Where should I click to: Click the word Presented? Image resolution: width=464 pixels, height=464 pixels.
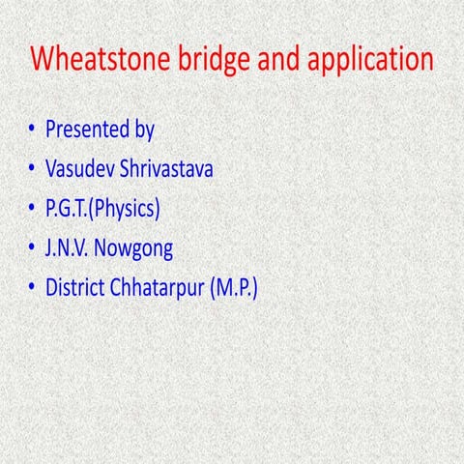point(85,129)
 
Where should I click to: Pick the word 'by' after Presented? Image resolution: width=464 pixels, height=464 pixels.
point(143,130)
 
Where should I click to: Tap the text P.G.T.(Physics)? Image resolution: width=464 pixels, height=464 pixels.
point(102,209)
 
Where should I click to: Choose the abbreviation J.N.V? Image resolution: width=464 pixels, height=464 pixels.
point(70,248)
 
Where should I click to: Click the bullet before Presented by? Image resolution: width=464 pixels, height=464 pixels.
point(33,130)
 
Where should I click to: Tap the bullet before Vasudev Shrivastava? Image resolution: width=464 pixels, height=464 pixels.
point(33,169)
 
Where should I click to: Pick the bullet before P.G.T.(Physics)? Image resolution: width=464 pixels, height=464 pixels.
point(33,209)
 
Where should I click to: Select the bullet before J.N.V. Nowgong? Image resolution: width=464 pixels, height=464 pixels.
point(33,248)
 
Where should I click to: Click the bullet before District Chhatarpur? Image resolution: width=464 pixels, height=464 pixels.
point(33,288)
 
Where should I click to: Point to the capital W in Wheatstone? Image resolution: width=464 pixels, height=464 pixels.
point(43,59)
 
